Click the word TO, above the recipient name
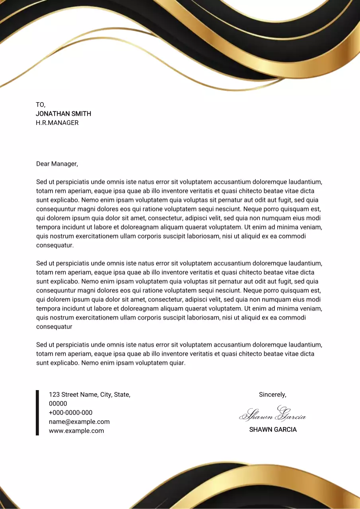coord(41,105)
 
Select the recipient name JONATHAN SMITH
coord(63,114)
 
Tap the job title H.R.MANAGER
coord(57,123)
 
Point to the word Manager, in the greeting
coord(65,164)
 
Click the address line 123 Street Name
coord(90,394)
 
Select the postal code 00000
coord(58,404)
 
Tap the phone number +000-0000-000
coord(70,413)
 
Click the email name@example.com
coord(79,422)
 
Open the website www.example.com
coord(76,431)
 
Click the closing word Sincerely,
coord(272,394)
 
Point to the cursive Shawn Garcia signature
coord(272,415)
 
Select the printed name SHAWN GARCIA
coord(272,429)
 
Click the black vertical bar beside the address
coord(37,412)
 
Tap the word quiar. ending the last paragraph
coord(177,363)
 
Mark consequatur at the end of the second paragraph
coord(54,327)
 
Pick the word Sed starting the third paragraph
coord(41,345)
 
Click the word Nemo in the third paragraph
coord(90,363)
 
